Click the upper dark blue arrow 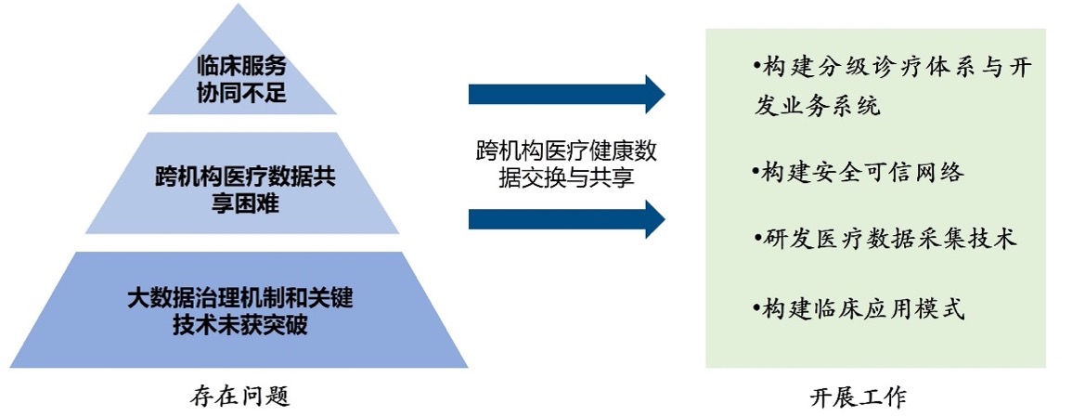[566, 95]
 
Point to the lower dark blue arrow [566, 219]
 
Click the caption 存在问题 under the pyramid [240, 397]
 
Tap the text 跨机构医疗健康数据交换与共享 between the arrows [566, 164]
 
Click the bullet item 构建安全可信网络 [858, 172]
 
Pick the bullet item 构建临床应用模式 [858, 309]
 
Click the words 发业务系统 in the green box [818, 106]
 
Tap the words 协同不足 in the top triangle [241, 92]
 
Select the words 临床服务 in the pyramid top [241, 66]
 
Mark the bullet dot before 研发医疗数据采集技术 [758, 239]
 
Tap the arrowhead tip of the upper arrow [665, 95]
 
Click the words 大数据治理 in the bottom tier [184, 298]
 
